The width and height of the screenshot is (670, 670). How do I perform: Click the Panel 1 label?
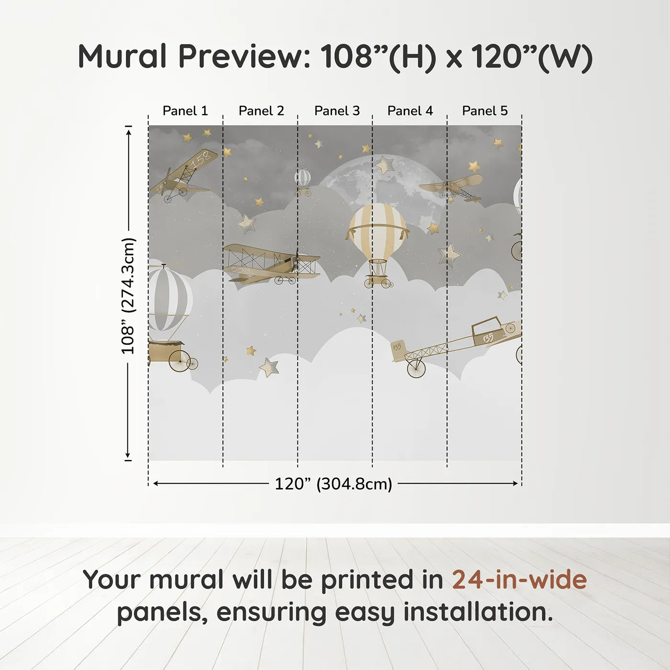coord(185,111)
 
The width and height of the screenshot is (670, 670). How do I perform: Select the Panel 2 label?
coord(261,111)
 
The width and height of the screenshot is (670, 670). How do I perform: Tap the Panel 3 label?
coord(337,111)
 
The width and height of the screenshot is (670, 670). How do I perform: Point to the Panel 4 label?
coord(410,111)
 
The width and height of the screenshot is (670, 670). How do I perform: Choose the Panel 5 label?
coord(485,111)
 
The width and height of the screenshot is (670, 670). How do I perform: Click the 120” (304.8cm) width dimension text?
coord(334,484)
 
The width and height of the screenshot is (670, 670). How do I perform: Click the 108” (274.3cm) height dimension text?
coord(128,296)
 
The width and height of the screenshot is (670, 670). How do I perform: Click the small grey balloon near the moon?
coord(303,177)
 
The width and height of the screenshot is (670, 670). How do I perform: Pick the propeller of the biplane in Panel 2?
coord(296,261)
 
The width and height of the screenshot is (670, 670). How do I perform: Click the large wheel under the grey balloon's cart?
coord(180,360)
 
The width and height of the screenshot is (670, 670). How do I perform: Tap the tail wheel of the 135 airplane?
coord(416,368)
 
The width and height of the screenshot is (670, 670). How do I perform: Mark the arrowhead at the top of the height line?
coord(129,132)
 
